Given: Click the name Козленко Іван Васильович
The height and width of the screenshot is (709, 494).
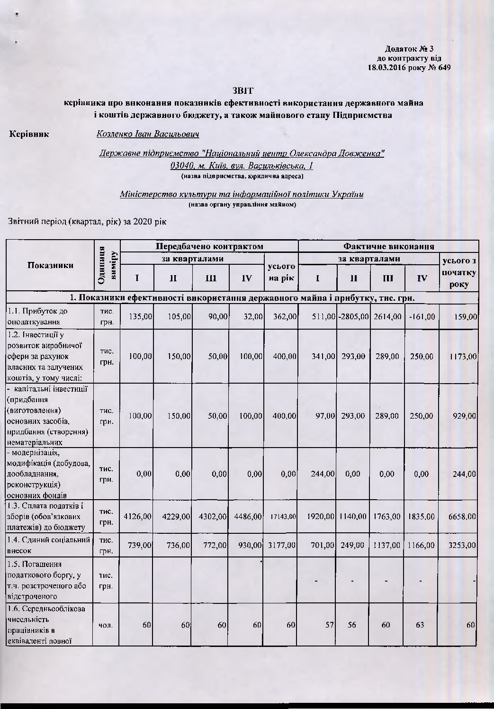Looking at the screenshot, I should pos(147,134).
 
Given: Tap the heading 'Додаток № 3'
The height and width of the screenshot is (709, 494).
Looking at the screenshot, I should pos(410,49).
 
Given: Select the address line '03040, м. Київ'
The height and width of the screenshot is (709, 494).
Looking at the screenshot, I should pos(242,166).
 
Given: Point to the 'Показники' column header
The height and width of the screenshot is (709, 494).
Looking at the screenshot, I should pos(50,265).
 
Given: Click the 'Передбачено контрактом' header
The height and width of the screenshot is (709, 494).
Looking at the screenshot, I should pos(209,246).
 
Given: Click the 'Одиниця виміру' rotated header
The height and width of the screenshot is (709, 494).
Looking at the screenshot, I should pos(107,265).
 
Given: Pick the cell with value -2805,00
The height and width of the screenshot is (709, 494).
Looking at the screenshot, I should pos(353,316).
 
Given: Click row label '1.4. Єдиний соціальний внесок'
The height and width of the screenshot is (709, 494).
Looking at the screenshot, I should pos(49,546).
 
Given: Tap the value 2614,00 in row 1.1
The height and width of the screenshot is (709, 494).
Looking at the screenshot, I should pos(387,316).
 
